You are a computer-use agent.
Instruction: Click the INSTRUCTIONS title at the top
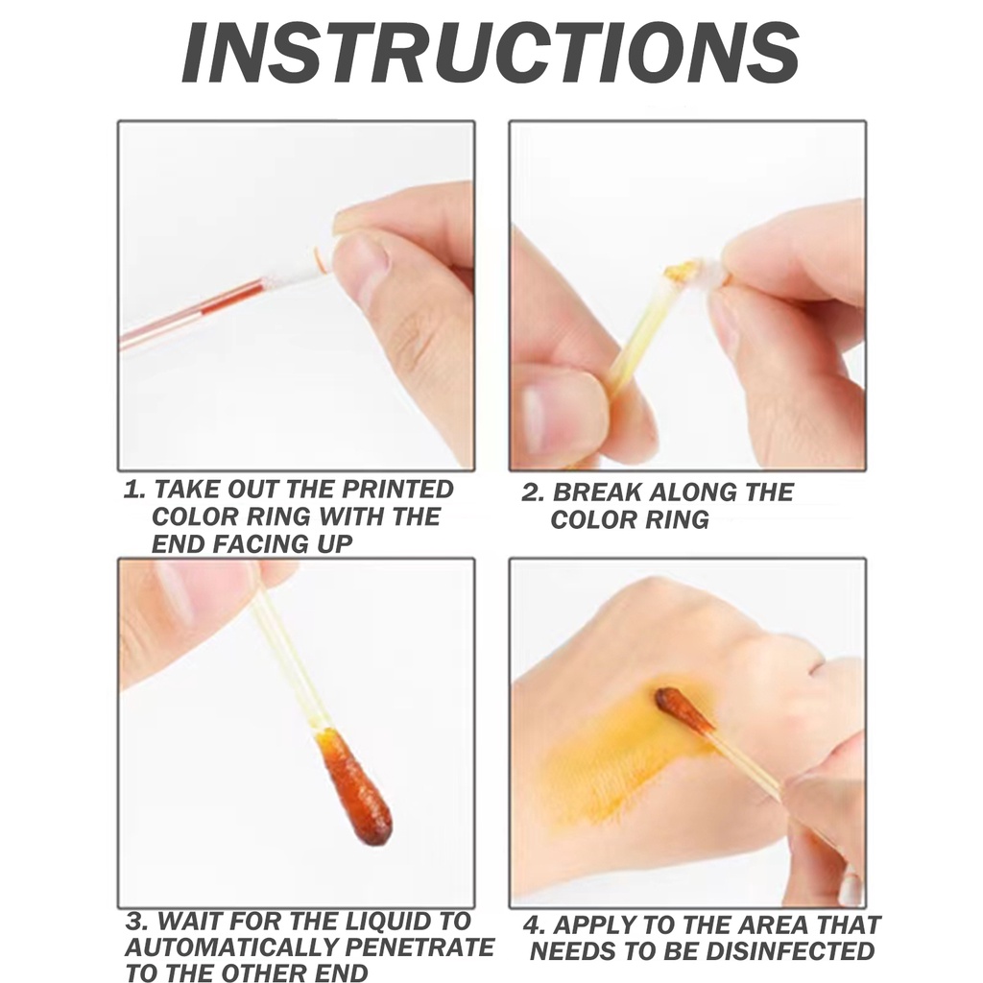[491, 53]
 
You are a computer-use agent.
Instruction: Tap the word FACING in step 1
[261, 543]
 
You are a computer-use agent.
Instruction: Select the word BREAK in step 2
[596, 492]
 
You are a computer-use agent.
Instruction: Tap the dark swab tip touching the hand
[684, 711]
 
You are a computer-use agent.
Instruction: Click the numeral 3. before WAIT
[136, 921]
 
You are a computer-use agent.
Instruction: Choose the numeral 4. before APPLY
[535, 925]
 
